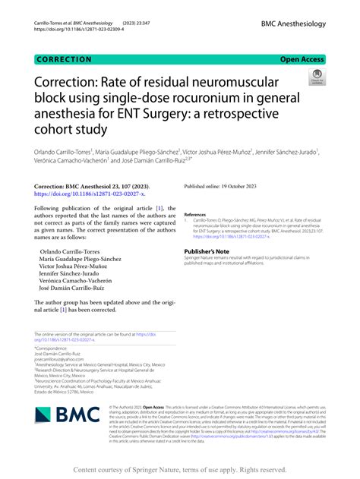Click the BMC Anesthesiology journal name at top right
click(292, 25)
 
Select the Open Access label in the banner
click(302, 58)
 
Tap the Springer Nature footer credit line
click(179, 470)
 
